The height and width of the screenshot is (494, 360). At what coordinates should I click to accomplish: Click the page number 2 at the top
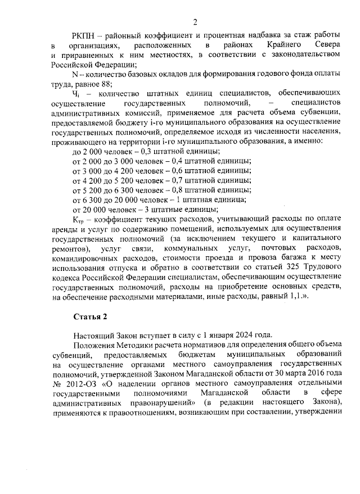point(195,22)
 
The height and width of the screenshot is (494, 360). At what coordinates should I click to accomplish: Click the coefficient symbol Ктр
point(78,219)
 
